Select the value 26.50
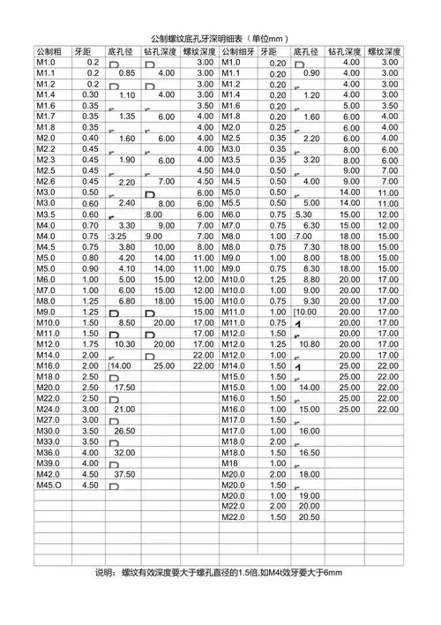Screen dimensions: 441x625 [x=124, y=431]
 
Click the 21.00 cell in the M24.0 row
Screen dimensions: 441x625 [x=124, y=410]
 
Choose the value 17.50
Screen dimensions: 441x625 [x=124, y=388]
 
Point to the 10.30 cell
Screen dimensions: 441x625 [x=124, y=344]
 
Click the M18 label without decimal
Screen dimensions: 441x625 [x=231, y=463]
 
